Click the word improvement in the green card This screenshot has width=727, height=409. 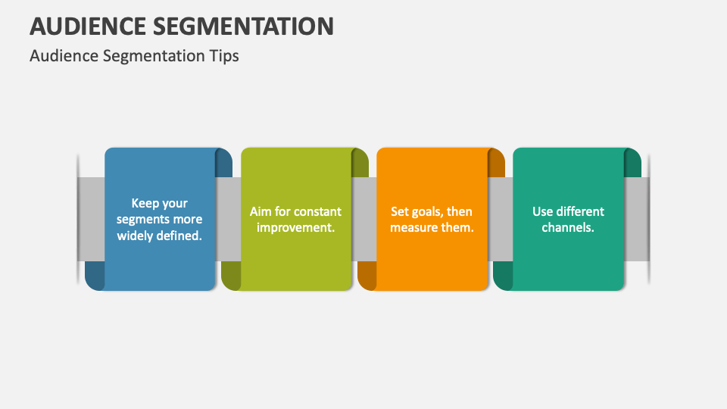click(295, 227)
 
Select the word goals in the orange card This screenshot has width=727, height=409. click(429, 211)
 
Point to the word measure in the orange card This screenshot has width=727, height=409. click(415, 227)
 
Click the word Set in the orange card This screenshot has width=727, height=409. click(400, 211)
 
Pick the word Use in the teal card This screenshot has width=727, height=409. click(542, 211)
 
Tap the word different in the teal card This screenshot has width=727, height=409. click(580, 211)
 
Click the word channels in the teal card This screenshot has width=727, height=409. click(568, 227)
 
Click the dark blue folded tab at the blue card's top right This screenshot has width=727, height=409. click(224, 164)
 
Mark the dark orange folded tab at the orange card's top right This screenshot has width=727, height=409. click(497, 164)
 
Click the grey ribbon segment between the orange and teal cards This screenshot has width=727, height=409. click(501, 220)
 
